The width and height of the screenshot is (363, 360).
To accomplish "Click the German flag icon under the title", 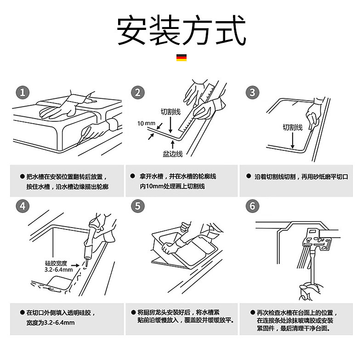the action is (181, 58).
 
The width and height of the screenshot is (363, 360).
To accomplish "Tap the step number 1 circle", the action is (23, 92).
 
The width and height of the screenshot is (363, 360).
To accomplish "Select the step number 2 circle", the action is (137, 92).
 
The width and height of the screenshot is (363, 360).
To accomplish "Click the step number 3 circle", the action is (252, 92).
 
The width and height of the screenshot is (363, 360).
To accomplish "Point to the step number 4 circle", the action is (23, 206).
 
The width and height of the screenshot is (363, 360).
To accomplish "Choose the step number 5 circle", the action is (137, 206).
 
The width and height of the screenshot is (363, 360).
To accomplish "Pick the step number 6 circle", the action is (252, 206).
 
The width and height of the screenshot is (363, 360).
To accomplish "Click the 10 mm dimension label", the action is (146, 123).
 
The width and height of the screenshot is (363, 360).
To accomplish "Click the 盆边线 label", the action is (172, 154).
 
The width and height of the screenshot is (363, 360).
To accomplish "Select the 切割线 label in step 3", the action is (292, 127).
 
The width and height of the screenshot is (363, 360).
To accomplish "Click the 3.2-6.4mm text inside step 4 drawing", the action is (58, 269).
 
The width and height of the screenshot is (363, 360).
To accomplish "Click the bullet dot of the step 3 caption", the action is (249, 176).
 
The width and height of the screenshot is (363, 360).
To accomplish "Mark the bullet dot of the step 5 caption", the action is (133, 312).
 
